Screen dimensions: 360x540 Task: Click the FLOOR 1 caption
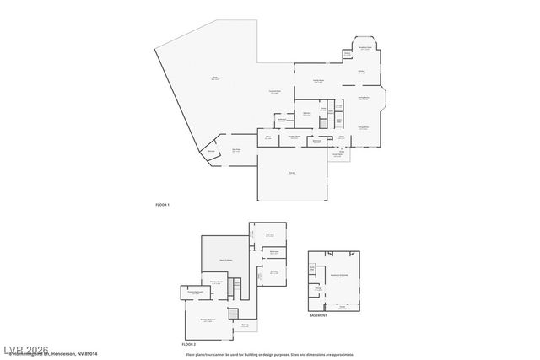pyautogui.click(x=162, y=205)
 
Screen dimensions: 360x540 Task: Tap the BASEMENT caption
pyautogui.click(x=318, y=315)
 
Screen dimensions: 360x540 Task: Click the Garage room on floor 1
pyautogui.click(x=292, y=175)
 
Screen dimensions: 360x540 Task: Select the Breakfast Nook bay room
pyautogui.click(x=364, y=48)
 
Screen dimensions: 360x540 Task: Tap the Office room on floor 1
pyautogui.click(x=267, y=137)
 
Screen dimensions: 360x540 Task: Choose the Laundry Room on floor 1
pyautogui.click(x=294, y=137)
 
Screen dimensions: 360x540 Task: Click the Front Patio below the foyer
pyautogui.click(x=337, y=155)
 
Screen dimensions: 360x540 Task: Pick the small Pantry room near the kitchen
pyautogui.click(x=347, y=56)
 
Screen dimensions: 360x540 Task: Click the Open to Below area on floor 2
pyautogui.click(x=225, y=261)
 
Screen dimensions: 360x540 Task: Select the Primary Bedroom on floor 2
pyautogui.click(x=208, y=320)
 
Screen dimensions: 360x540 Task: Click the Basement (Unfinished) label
pyautogui.click(x=339, y=276)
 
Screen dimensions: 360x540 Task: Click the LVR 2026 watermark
pyautogui.click(x=25, y=348)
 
